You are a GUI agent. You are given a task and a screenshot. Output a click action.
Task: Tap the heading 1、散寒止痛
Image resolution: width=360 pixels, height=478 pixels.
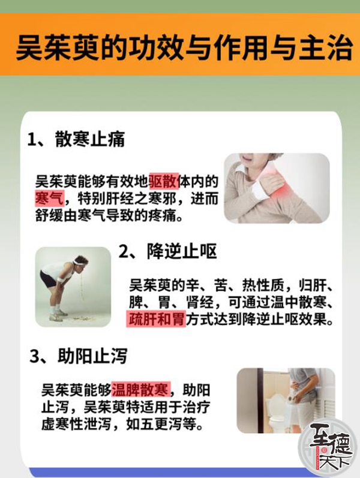coord(76,140)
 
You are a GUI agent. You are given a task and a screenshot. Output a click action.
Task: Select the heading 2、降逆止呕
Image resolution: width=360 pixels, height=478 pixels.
coord(167,251)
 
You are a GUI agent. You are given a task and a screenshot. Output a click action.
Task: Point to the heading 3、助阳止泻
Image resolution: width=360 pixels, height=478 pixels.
coord(78,356)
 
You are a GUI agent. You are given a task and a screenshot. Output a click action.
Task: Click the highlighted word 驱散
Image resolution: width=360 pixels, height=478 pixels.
coord(164,182)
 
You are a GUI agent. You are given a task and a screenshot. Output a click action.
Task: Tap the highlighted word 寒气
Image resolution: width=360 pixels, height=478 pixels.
coord(49,199)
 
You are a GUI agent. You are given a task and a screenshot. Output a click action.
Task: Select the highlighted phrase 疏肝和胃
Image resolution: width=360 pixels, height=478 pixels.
coord(156,319)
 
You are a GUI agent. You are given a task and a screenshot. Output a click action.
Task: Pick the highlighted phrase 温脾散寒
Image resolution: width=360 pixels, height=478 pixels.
coord(140,390)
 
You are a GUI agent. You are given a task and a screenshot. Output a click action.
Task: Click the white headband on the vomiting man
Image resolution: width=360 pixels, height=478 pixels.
coord(79,262)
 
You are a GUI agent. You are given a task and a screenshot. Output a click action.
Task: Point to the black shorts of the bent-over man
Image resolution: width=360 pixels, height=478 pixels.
coord(48,279)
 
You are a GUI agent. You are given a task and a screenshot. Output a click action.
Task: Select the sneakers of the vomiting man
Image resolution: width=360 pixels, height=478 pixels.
coord(59,315)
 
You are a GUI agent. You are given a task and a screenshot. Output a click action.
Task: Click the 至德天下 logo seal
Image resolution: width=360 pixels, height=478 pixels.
coord(328,448)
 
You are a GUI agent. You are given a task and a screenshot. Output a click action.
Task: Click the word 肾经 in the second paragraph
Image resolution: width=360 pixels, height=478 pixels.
coord(200,302)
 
